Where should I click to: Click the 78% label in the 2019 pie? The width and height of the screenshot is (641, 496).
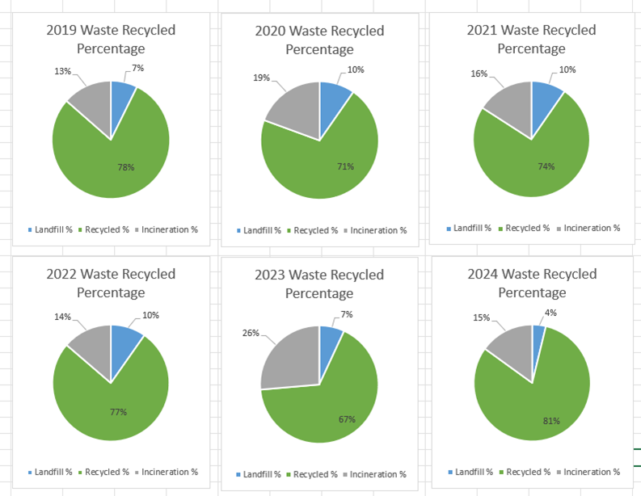[126, 167]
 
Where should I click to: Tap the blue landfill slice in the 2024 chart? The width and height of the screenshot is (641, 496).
[538, 338]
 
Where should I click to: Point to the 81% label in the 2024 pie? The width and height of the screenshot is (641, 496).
[550, 420]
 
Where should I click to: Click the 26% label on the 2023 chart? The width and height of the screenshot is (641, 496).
[251, 333]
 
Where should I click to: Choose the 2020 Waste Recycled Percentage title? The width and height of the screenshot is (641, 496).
[319, 40]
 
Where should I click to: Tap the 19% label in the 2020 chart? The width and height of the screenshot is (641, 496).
[261, 78]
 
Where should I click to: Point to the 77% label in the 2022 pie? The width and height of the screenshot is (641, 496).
[119, 412]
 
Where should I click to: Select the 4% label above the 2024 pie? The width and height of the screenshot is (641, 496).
[550, 313]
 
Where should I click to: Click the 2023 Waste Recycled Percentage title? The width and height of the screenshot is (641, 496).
[319, 284]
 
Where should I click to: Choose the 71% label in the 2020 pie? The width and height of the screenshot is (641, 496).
[345, 166]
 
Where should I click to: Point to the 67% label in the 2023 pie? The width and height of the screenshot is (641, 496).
[348, 419]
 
